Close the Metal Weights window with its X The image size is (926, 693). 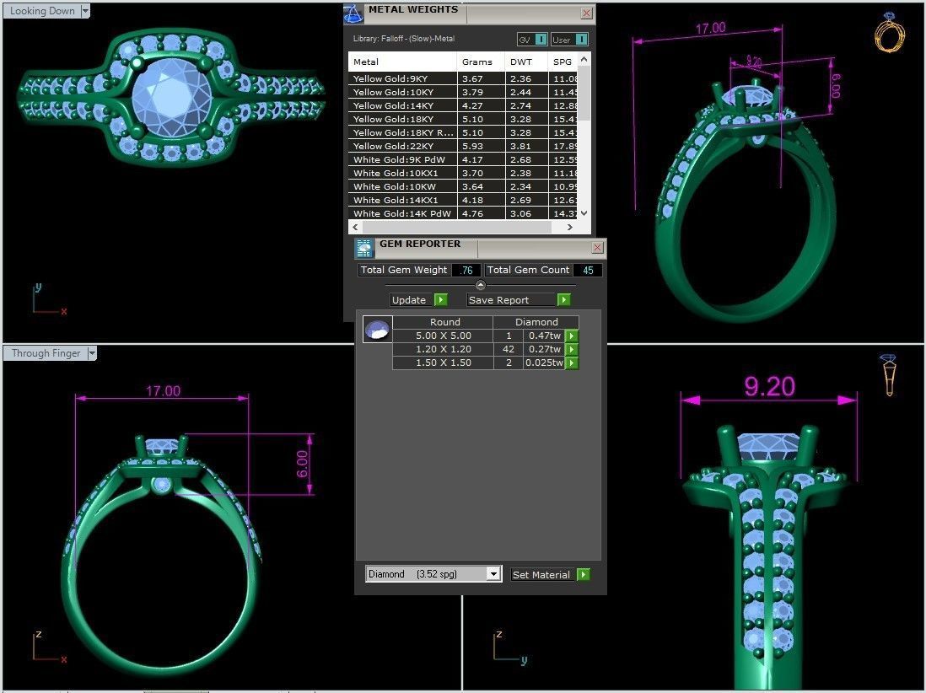pyautogui.click(x=586, y=13)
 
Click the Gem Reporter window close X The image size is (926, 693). pyautogui.click(x=597, y=247)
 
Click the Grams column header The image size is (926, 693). pyautogui.click(x=476, y=62)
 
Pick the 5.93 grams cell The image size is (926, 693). pyautogui.click(x=472, y=146)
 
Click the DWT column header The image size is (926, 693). pyautogui.click(x=520, y=62)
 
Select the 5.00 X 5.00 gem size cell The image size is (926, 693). pyautogui.click(x=443, y=336)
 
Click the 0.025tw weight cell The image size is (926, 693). pyautogui.click(x=544, y=363)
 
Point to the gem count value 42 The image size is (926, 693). pyautogui.click(x=508, y=349)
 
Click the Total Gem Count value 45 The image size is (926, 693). pyautogui.click(x=587, y=270)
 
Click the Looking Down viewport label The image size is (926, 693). pyautogui.click(x=42, y=11)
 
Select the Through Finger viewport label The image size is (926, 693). pyautogui.click(x=46, y=353)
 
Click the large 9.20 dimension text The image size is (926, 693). pyautogui.click(x=768, y=387)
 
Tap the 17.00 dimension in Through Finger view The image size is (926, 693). pyautogui.click(x=163, y=391)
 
